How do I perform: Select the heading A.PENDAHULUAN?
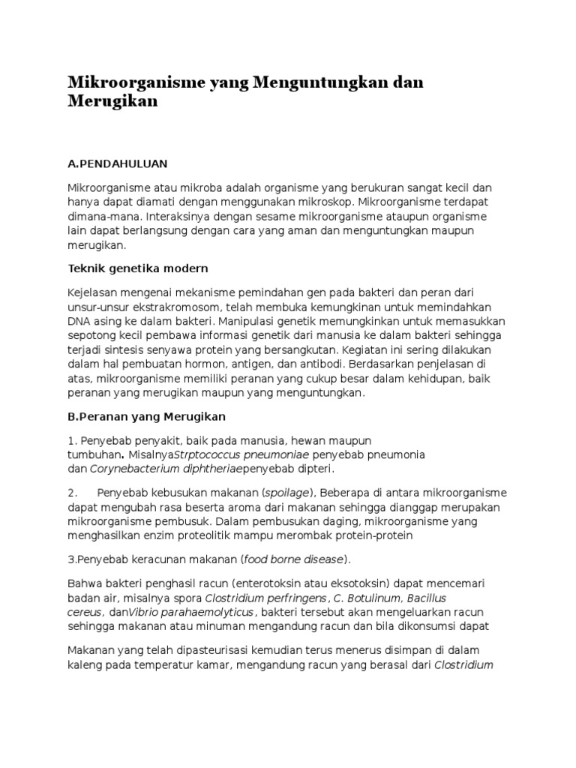coord(117,162)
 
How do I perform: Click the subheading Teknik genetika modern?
coord(138,268)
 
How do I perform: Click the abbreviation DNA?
coord(79,321)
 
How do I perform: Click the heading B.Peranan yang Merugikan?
coord(146,415)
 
